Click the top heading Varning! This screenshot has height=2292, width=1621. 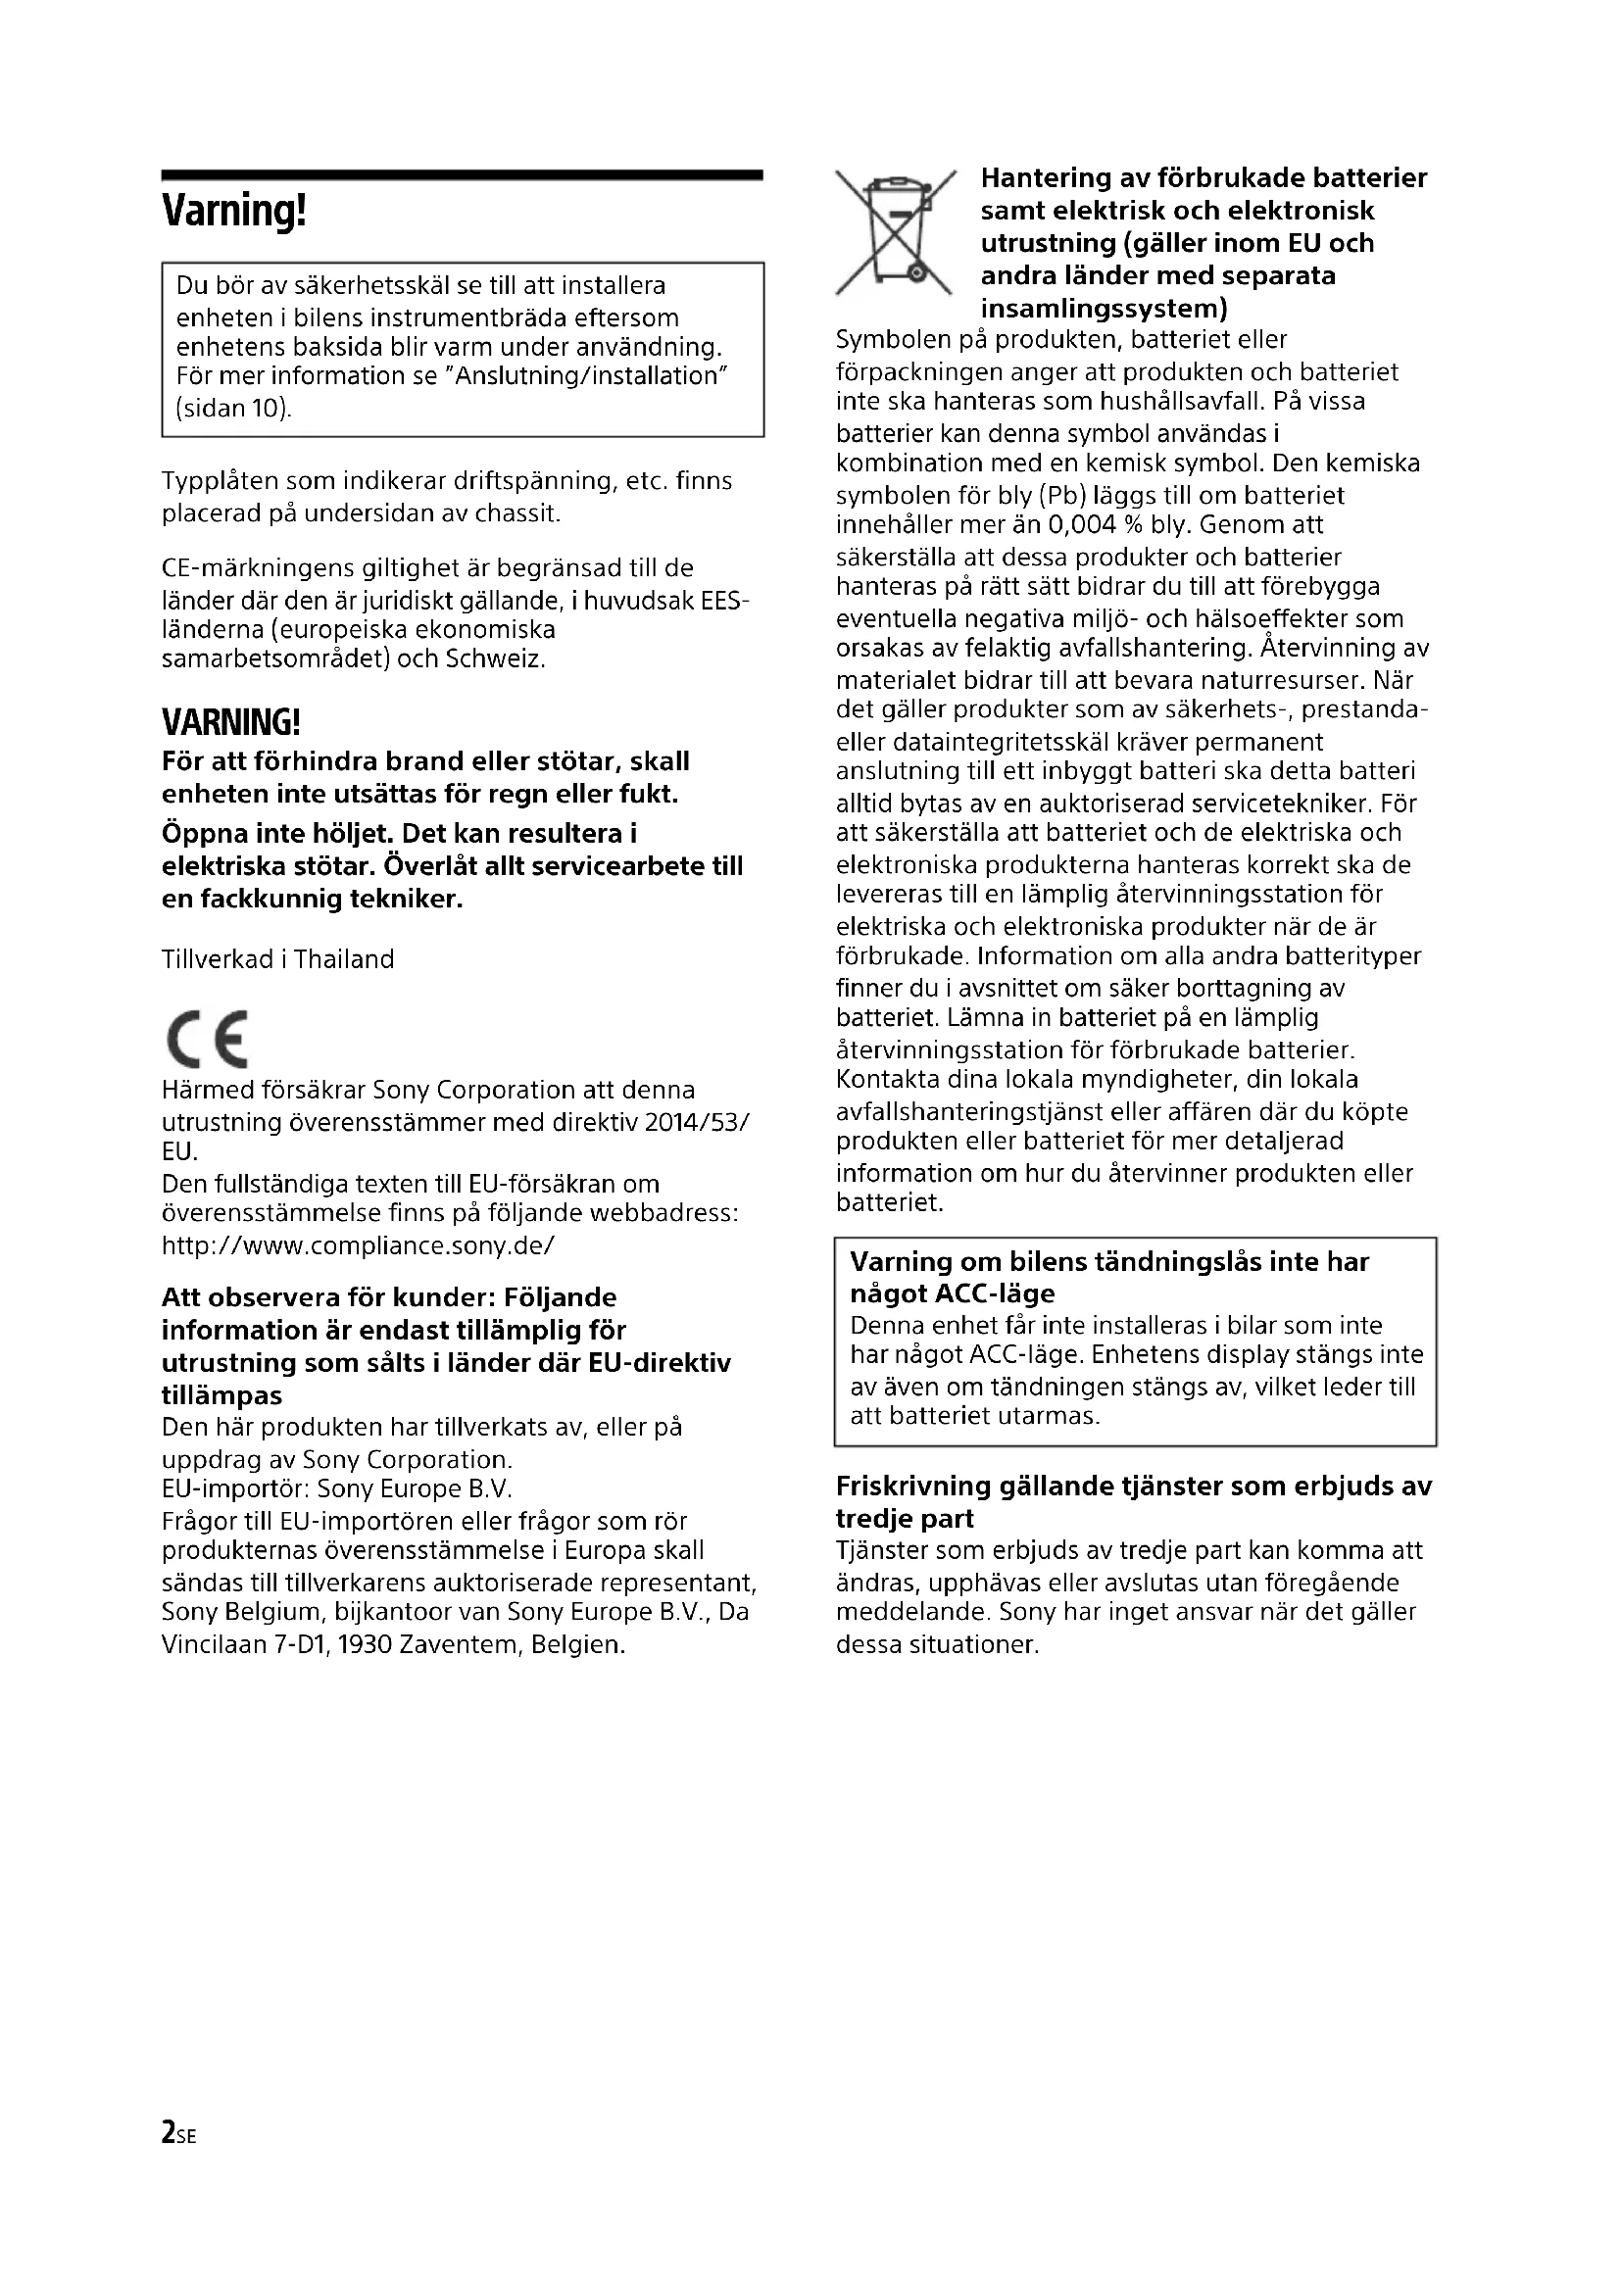click(x=233, y=212)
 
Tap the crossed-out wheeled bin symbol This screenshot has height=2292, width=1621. click(x=895, y=232)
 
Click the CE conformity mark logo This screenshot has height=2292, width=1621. click(x=207, y=1039)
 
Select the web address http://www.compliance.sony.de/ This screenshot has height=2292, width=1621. click(x=358, y=1245)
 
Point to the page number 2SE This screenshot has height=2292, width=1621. click(x=178, y=2133)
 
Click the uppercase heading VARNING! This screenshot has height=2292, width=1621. click(x=230, y=722)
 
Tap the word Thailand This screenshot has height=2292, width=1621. click(x=343, y=959)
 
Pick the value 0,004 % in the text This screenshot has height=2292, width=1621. click(x=1094, y=525)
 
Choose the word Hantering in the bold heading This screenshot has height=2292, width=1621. click(x=1043, y=177)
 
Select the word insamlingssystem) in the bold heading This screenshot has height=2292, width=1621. click(x=1103, y=308)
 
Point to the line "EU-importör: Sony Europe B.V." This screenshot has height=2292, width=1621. click(x=336, y=1489)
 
